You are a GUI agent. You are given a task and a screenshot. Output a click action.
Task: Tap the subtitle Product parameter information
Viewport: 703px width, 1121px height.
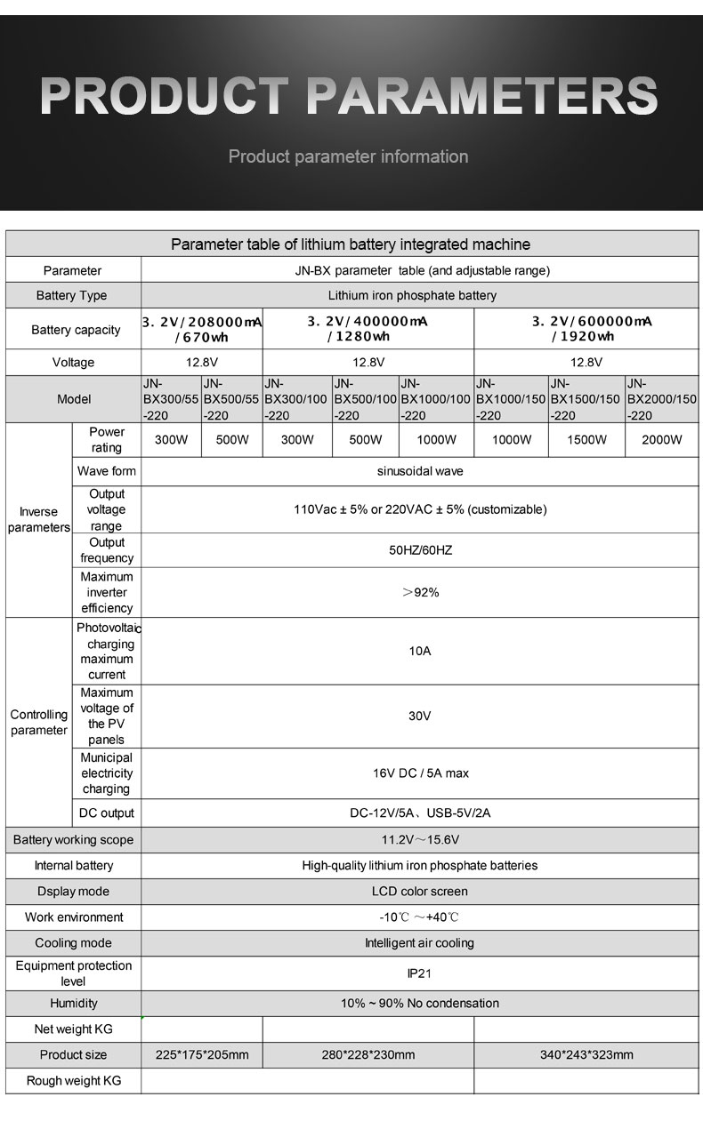(x=348, y=157)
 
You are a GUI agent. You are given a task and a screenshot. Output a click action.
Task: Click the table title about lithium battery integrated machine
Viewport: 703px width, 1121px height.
(x=351, y=244)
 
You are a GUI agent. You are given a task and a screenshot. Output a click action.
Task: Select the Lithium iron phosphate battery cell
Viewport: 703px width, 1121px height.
(x=412, y=295)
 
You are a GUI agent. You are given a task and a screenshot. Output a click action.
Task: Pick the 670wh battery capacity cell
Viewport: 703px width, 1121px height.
(x=201, y=329)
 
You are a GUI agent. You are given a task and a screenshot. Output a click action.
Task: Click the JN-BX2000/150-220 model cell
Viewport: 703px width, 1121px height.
(x=661, y=399)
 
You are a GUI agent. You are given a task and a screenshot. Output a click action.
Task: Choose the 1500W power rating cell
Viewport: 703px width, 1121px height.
(x=586, y=439)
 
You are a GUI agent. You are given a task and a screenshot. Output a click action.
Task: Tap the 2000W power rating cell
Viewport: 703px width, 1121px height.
(x=661, y=439)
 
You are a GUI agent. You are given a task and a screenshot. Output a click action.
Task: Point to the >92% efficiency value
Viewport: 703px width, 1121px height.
(x=420, y=592)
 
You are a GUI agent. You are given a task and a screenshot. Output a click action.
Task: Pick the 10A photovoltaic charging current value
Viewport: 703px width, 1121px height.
(x=420, y=652)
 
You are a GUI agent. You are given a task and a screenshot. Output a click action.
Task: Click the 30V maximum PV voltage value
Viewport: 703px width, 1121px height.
(x=420, y=716)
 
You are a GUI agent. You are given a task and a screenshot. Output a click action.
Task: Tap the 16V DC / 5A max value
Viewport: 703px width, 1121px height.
(x=420, y=773)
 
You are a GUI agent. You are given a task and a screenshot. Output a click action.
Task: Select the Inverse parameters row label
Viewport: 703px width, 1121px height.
(x=38, y=519)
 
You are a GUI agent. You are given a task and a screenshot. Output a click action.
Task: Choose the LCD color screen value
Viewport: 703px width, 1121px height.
(x=420, y=891)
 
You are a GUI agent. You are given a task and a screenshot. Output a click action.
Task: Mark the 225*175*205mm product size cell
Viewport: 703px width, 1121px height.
(x=202, y=1055)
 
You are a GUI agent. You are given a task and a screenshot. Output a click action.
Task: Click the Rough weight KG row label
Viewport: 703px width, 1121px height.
(x=73, y=1081)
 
